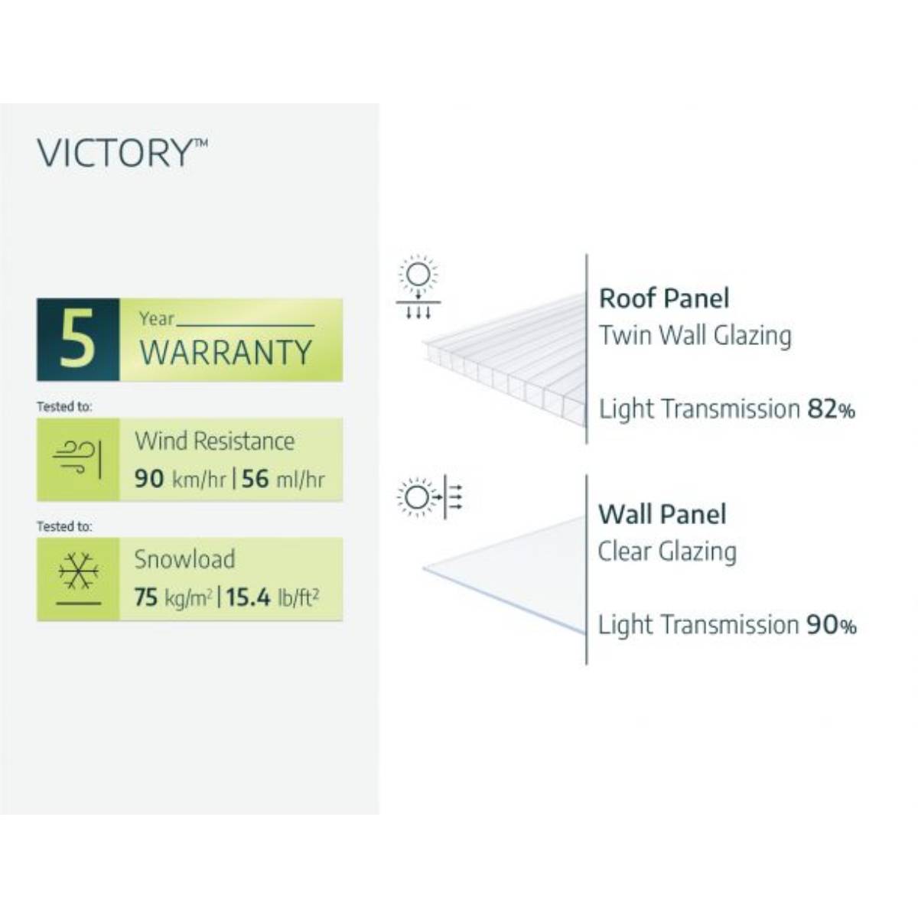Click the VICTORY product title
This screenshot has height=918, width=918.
121,153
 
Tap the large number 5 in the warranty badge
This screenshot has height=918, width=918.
77,339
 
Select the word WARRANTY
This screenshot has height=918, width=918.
226,353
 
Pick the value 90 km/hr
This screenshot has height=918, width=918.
180,480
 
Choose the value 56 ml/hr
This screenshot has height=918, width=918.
283,480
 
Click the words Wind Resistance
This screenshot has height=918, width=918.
214,441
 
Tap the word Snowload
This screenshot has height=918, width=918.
184,559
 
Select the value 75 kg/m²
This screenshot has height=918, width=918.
173,597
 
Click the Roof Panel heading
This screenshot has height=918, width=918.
664,298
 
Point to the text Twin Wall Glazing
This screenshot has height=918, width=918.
695,335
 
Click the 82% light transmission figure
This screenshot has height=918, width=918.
831,409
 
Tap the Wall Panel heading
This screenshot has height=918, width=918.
662,514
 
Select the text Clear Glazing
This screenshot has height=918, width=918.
667,551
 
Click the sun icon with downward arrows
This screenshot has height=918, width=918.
418,288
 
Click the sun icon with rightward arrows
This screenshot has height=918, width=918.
430,497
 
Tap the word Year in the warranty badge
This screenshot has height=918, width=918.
157,318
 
